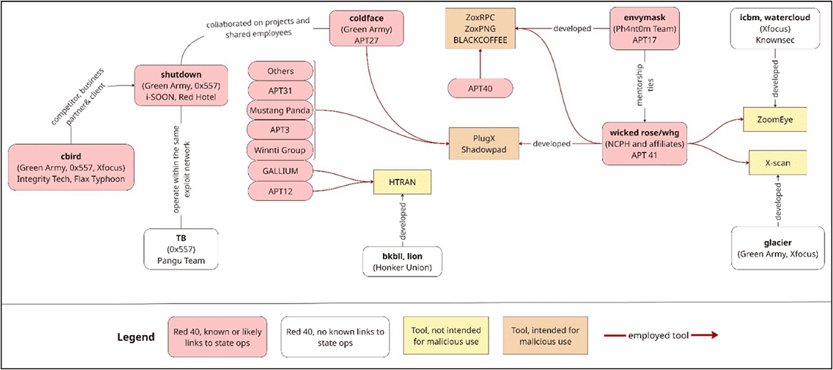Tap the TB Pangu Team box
click(181, 249)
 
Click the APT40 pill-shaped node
click(480, 88)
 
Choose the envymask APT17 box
click(644, 29)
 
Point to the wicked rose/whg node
click(645, 143)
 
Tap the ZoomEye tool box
click(775, 120)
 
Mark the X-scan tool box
click(777, 163)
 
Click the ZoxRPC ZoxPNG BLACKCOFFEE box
click(480, 29)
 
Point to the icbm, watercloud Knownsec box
click(775, 29)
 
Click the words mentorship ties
click(644, 86)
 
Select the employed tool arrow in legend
click(661, 335)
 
